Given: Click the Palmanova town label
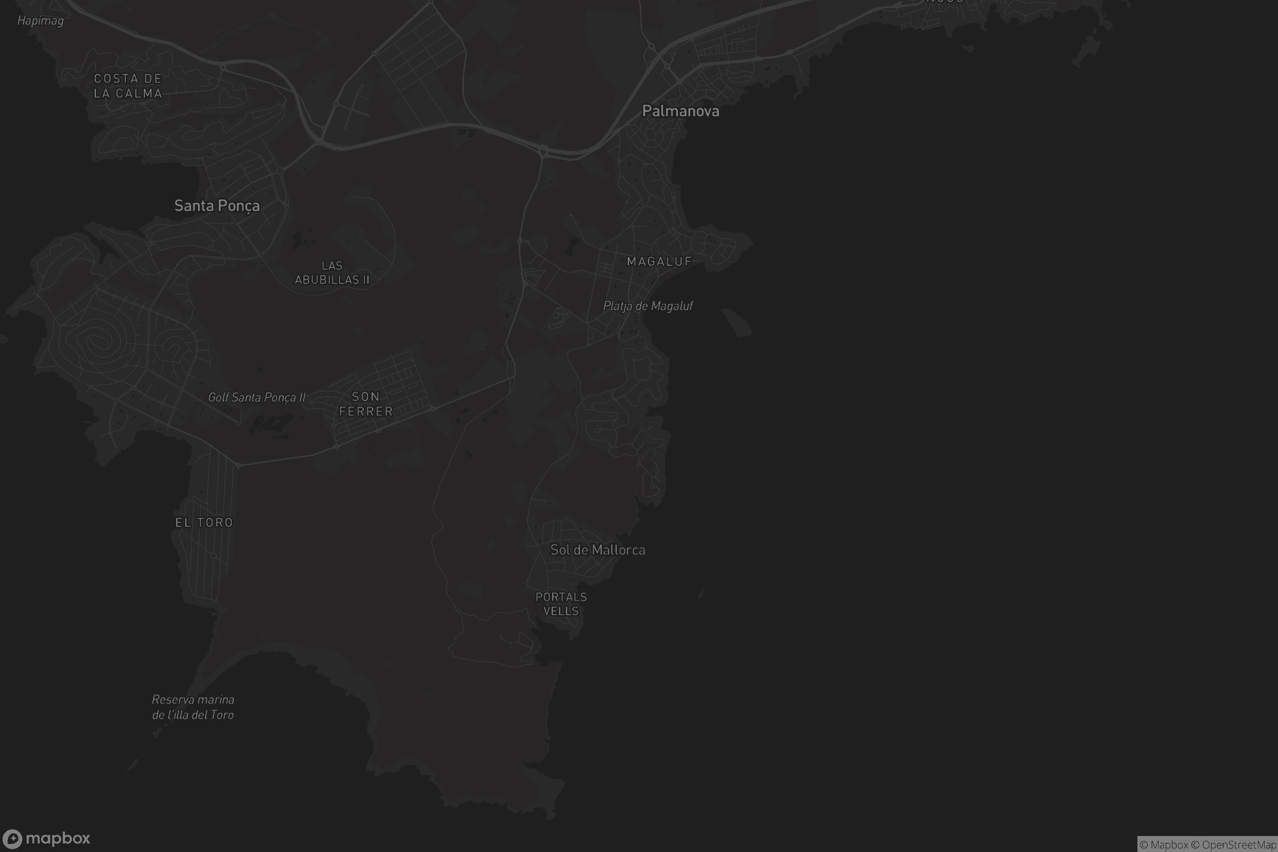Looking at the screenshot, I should [681, 111].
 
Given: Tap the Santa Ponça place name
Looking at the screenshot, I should [217, 206].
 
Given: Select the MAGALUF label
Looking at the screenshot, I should [659, 262].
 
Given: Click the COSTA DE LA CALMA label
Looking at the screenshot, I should [128, 86].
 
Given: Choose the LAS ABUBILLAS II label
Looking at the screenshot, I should [332, 273].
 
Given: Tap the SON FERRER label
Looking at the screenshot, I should [366, 404].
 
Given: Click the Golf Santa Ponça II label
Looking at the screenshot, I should [257, 398].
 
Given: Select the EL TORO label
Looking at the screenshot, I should [204, 523].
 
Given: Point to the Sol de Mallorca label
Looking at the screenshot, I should [597, 550].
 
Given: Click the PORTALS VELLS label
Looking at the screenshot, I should [561, 604].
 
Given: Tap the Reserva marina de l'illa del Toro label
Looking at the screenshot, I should [193, 708].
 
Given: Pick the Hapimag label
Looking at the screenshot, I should [41, 21].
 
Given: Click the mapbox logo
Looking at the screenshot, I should [46, 838].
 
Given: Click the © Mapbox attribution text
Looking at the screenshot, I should [1165, 845].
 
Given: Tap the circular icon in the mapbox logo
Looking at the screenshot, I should [12, 839].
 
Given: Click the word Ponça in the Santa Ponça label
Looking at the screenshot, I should [239, 206].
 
